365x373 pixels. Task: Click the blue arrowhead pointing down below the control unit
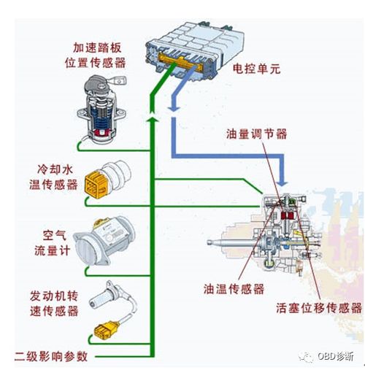pos(173,109)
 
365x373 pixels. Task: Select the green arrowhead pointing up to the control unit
pos(151,114)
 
